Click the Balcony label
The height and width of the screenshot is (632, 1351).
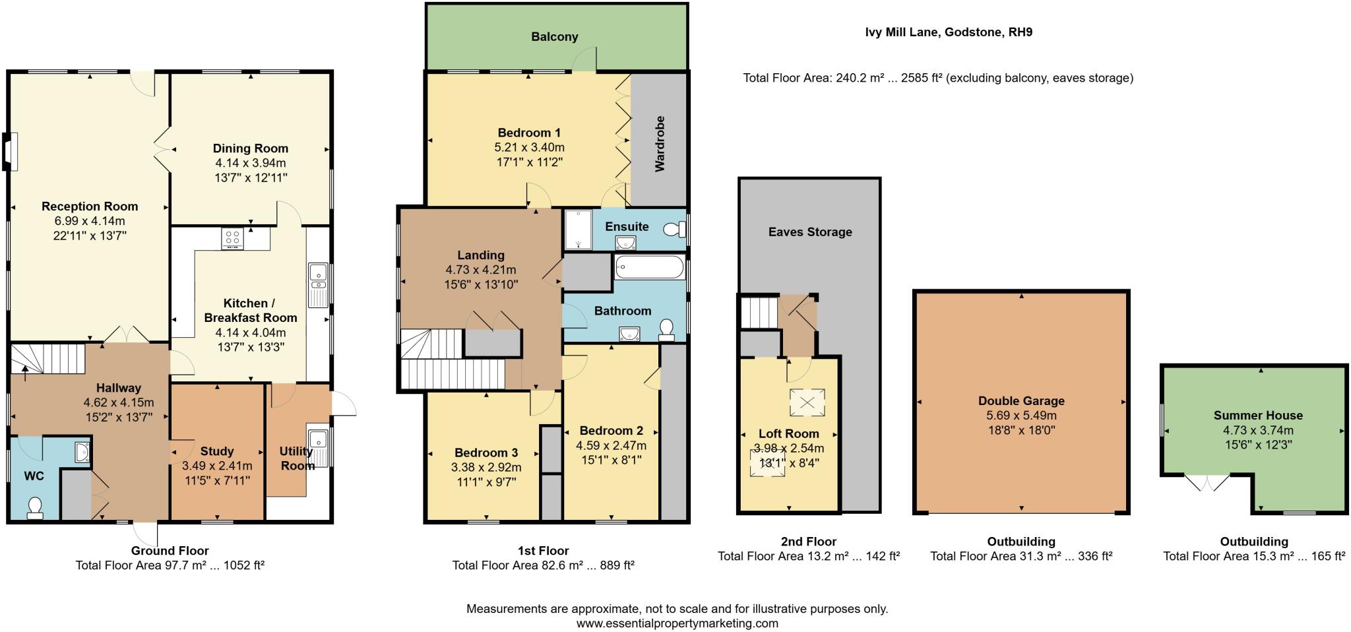pos(554,37)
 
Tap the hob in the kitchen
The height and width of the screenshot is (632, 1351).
pos(232,238)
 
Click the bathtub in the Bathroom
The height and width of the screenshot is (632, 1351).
pos(650,268)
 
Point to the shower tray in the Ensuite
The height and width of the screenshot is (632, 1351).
pos(579,230)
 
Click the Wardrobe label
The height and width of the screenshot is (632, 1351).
pos(660,144)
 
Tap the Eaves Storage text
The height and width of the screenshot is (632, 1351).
pos(809,232)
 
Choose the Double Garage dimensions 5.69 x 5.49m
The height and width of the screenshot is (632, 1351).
pos(1021,416)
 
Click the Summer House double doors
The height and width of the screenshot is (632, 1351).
pos(1207,484)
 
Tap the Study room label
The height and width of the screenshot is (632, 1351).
pos(216,451)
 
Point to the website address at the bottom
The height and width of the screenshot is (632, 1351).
pos(677,623)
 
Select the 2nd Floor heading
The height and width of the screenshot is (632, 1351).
pos(808,542)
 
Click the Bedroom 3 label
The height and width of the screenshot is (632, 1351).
pos(486,453)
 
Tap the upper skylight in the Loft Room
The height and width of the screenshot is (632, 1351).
pos(807,402)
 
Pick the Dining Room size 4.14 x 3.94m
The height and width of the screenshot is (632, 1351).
pos(250,163)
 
